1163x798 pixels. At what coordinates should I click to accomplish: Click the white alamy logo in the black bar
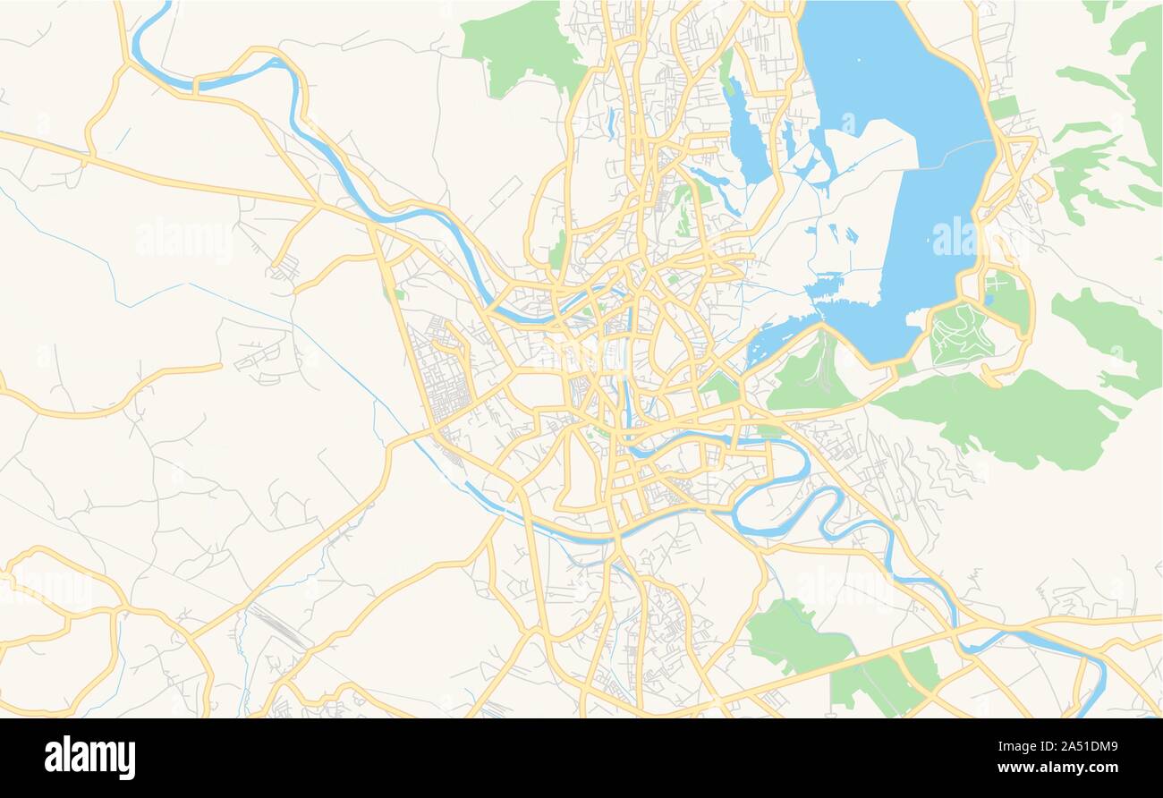click(x=89, y=757)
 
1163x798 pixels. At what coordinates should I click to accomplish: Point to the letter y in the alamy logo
click(x=127, y=760)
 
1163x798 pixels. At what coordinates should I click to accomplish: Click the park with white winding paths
click(x=960, y=335)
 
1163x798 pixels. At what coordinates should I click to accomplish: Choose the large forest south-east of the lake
click(x=1002, y=416)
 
